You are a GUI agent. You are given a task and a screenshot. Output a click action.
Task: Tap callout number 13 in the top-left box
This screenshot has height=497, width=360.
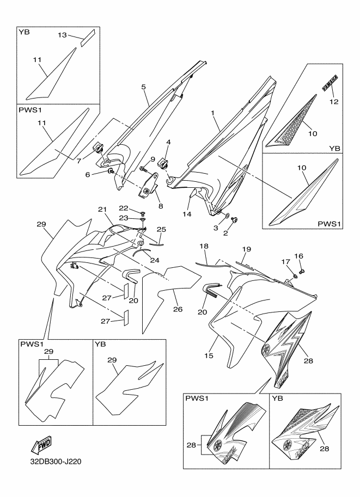[63, 35]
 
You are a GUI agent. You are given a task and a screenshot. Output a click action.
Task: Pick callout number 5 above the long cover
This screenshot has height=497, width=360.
[143, 87]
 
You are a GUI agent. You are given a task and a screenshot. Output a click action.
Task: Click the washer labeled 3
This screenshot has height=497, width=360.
[227, 216]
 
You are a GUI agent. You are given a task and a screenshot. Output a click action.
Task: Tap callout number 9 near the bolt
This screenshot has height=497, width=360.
[145, 159]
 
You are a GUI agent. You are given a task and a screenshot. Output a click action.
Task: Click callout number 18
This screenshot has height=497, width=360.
[204, 247]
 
